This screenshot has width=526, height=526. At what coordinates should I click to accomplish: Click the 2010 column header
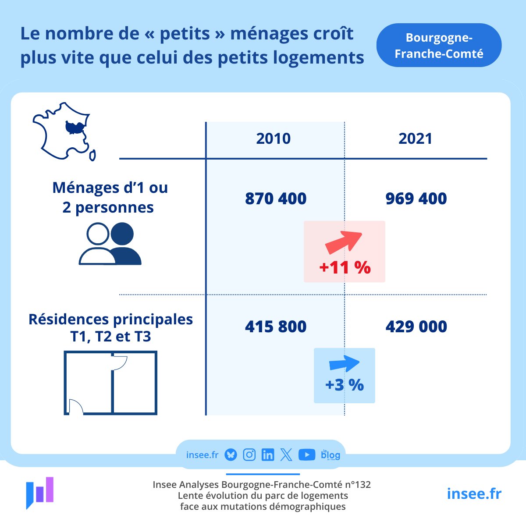274,139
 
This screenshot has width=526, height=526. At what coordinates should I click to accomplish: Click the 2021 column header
415,139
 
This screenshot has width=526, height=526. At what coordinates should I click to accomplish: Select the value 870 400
276,199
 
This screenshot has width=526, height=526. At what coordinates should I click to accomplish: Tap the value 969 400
416,199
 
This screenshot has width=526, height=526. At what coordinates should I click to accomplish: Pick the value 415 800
276,327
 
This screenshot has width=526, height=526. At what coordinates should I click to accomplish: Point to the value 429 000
416,327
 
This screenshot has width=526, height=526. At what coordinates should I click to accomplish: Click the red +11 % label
345,267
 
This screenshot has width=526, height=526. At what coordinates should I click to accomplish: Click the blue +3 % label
345,385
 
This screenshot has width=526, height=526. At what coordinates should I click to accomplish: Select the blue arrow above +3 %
344,363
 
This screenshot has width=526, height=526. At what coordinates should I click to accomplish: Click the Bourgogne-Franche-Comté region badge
439,46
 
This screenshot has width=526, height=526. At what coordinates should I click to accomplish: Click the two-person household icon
110,244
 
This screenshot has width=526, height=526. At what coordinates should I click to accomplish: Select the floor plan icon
110,383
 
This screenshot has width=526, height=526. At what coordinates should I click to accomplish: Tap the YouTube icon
307,455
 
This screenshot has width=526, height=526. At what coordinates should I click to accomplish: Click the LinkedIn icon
267,455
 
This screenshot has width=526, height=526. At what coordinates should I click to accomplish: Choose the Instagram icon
249,455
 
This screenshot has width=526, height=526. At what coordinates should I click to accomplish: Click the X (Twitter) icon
286,455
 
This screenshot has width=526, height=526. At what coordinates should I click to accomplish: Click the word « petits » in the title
185,34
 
